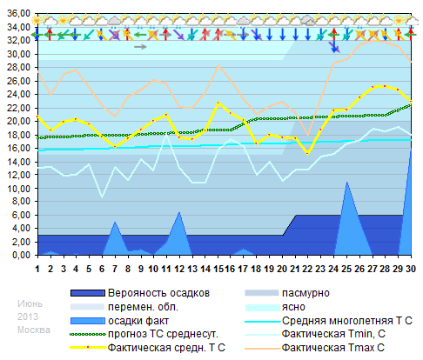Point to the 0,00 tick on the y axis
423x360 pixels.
(x=20, y=256)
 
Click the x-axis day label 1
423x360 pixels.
(x=37, y=268)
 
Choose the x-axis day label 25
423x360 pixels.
(x=346, y=268)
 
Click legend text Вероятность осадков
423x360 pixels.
(x=158, y=293)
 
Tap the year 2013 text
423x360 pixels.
(x=28, y=316)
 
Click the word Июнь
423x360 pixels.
(x=29, y=302)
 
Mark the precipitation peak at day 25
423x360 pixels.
(x=346, y=182)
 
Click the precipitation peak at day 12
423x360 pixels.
(x=179, y=211)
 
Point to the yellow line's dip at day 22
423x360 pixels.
(x=308, y=153)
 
